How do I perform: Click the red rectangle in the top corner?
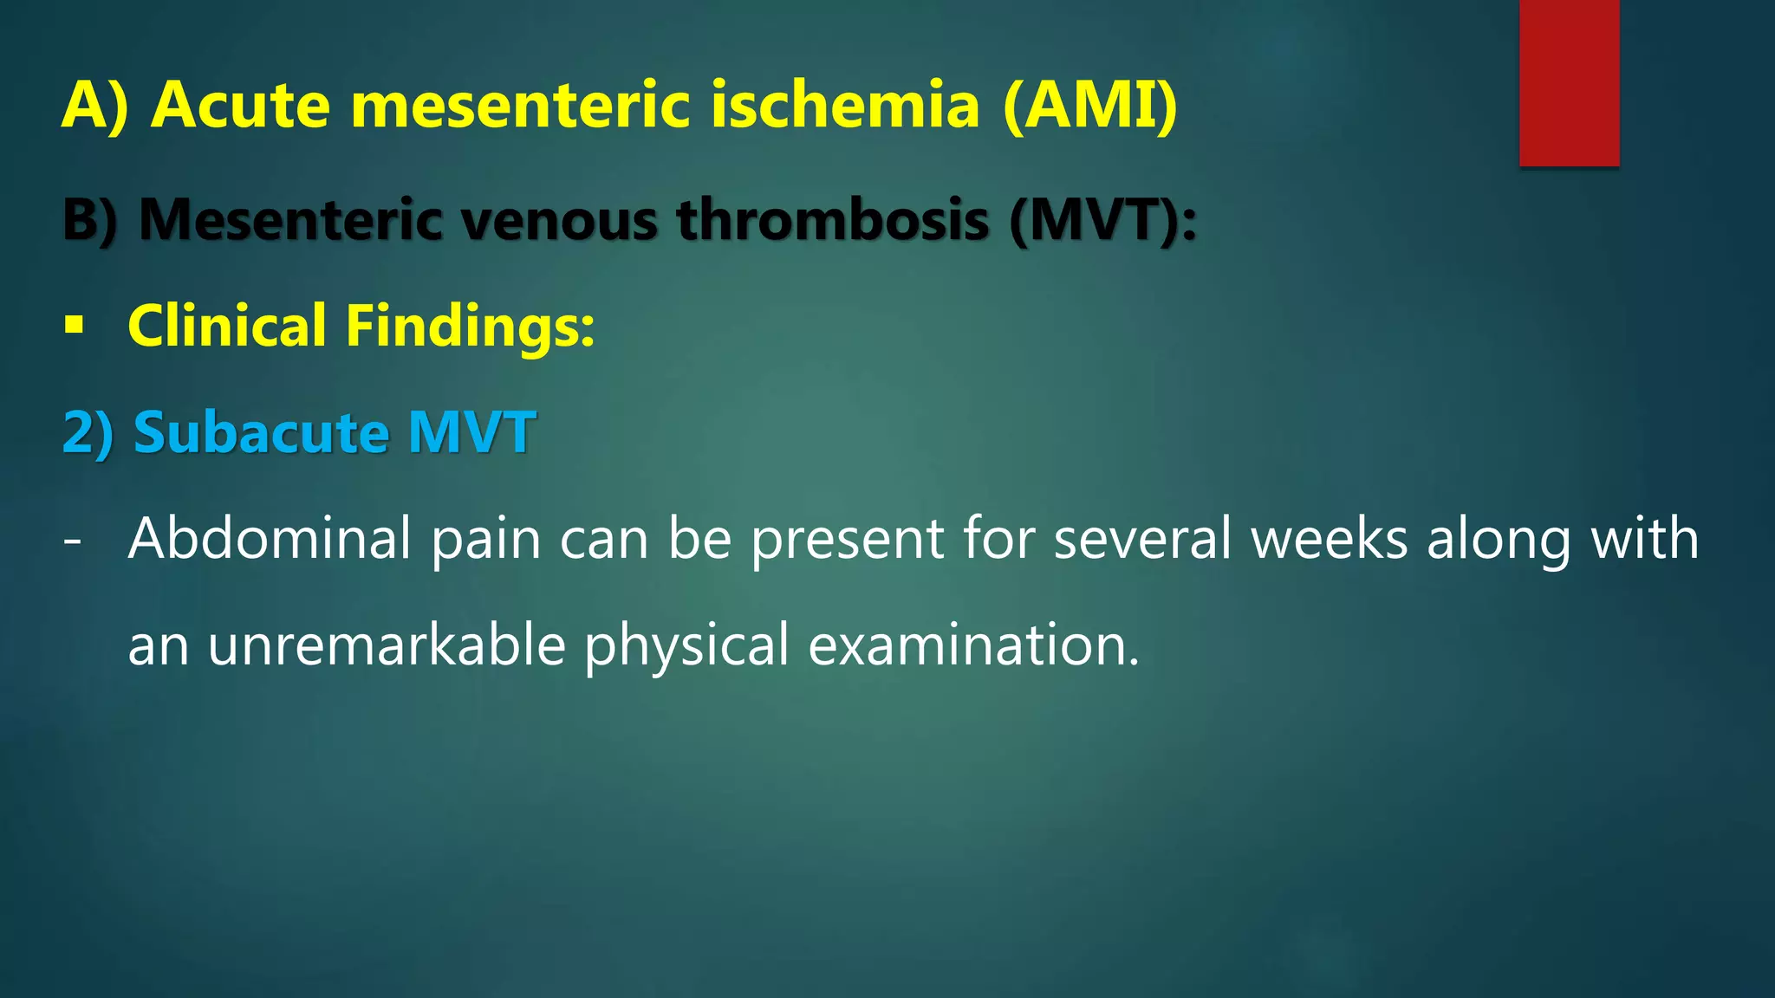1569,82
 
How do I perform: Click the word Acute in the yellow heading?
240,105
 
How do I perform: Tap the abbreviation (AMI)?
1089,105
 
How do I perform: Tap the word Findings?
470,327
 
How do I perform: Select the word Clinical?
227,327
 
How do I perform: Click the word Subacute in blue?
260,432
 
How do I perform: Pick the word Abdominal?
269,539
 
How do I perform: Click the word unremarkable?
387,645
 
